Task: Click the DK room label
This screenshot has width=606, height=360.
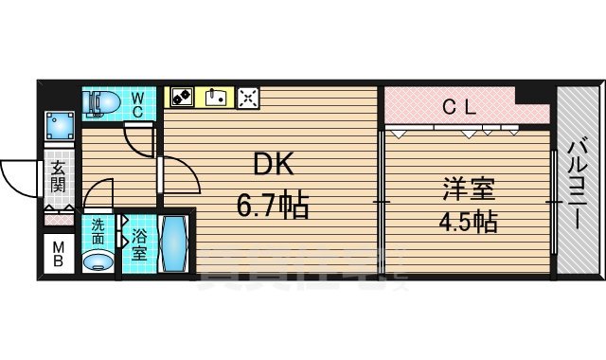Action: pos(273,166)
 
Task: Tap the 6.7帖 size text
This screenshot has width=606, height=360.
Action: pos(273,206)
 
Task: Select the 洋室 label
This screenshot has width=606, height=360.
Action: pos(465,187)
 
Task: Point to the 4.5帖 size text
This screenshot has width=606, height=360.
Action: pos(465,224)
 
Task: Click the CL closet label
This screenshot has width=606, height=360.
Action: pos(459,107)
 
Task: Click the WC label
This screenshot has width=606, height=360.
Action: pos(137,104)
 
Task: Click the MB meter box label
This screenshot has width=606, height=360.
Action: pos(58,256)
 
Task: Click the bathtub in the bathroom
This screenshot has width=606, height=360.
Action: pos(175,245)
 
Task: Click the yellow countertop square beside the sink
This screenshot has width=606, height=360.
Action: pos(182,97)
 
